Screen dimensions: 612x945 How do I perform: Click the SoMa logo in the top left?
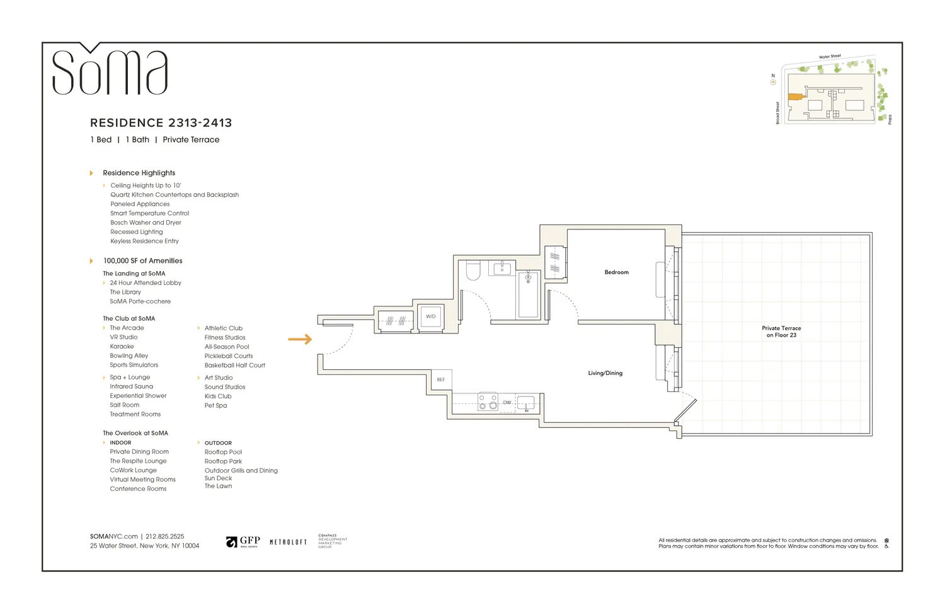110,71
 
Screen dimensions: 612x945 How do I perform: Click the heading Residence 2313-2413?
161,123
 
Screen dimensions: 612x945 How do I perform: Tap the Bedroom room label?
616,272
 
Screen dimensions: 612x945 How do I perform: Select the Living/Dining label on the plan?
605,373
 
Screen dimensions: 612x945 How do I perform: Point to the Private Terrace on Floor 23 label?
781,332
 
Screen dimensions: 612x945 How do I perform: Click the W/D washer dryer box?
431,316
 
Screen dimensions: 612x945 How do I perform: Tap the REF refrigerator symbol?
441,379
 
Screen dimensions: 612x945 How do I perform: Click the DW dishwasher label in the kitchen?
507,402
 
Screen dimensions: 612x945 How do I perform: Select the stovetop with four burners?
488,402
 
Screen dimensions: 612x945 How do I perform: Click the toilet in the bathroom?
473,271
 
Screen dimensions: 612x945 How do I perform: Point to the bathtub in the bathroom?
528,294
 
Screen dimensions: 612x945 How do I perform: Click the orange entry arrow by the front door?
300,339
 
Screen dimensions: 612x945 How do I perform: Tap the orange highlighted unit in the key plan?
794,97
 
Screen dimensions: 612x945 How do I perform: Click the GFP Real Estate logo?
243,542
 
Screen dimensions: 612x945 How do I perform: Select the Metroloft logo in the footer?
288,542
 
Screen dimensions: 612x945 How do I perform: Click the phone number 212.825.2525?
165,536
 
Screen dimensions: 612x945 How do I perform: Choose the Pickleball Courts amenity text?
228,356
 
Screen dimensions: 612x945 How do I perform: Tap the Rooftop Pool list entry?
223,452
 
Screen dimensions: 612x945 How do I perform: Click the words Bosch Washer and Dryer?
146,222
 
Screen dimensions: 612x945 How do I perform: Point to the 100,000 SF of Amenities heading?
142,261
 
